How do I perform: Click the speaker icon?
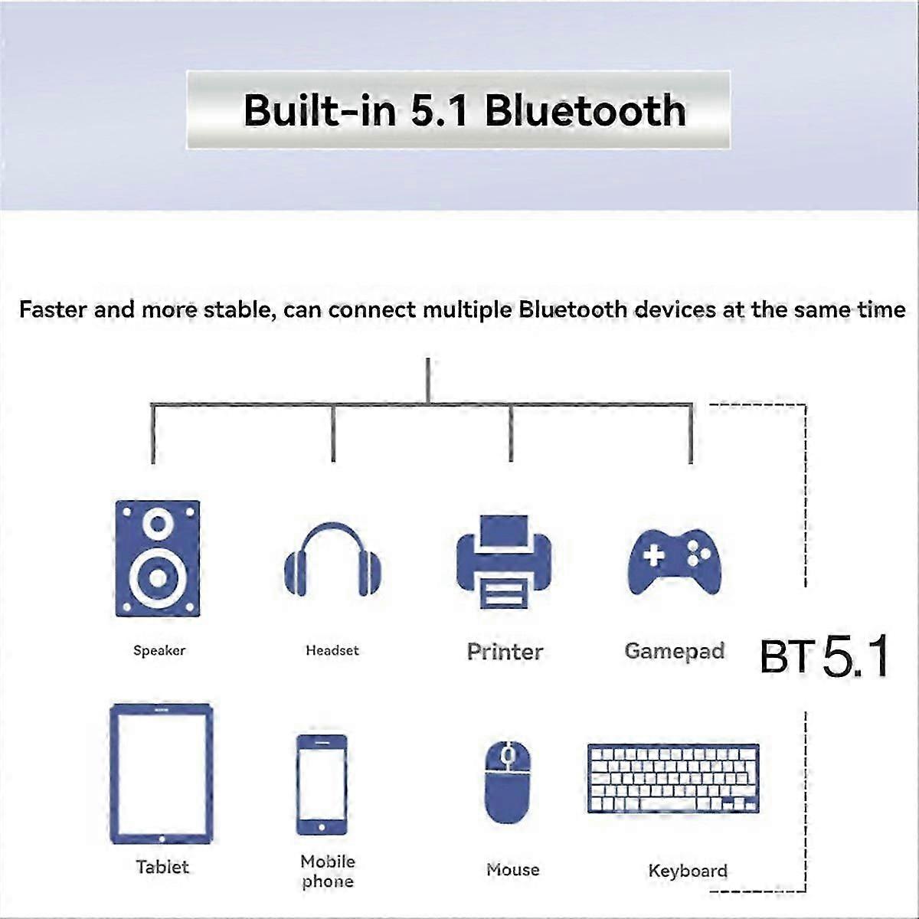(x=158, y=558)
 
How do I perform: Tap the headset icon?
(x=333, y=559)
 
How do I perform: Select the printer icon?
(x=504, y=562)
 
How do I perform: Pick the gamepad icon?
(x=675, y=562)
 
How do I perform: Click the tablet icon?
(x=161, y=773)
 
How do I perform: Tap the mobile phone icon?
(x=322, y=785)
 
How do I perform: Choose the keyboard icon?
(x=673, y=778)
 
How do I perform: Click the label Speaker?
(x=159, y=650)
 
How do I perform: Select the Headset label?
(x=332, y=650)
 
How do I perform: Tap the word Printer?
(x=505, y=652)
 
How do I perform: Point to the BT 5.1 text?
(x=824, y=656)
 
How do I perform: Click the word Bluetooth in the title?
(x=586, y=110)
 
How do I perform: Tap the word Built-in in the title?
(x=320, y=110)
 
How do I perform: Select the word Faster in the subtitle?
(x=53, y=309)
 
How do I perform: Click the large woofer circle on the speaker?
(x=158, y=577)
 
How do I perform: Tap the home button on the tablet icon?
(x=162, y=839)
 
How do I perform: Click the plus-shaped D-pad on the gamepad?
(x=653, y=555)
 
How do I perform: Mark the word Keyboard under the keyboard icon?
(x=688, y=871)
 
